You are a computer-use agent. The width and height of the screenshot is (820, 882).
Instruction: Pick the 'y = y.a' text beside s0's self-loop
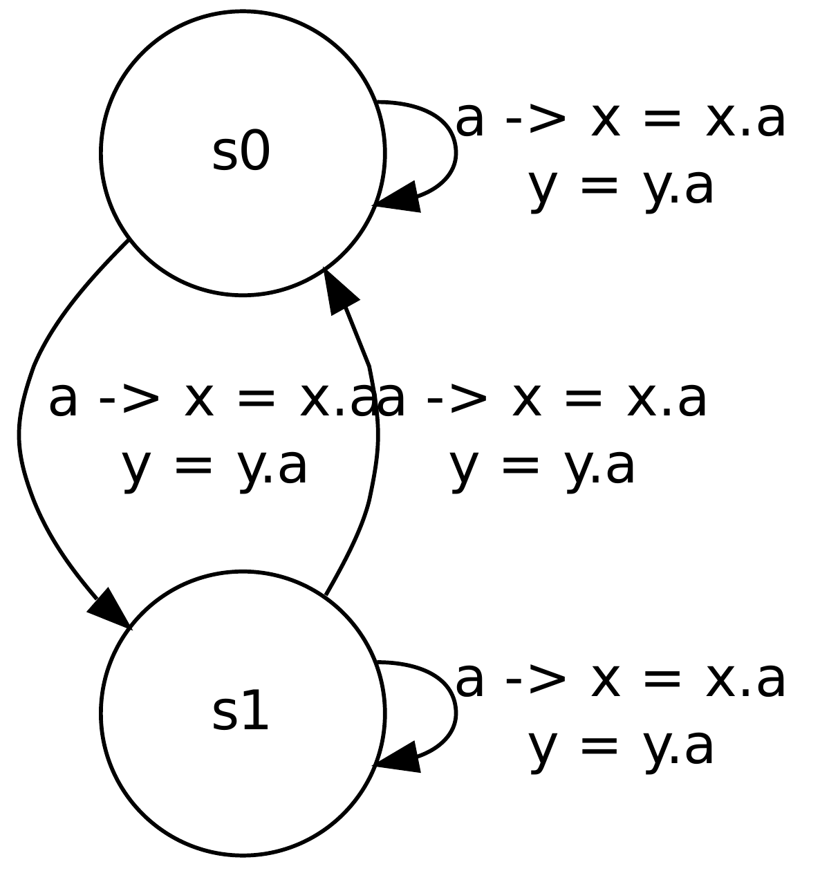[620, 187]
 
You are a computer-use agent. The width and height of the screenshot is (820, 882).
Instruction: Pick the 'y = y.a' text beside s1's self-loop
[620, 747]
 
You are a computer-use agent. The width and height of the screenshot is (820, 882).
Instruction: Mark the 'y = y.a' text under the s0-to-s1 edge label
[214, 468]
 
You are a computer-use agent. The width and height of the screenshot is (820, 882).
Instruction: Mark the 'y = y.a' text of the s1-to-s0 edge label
[542, 468]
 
